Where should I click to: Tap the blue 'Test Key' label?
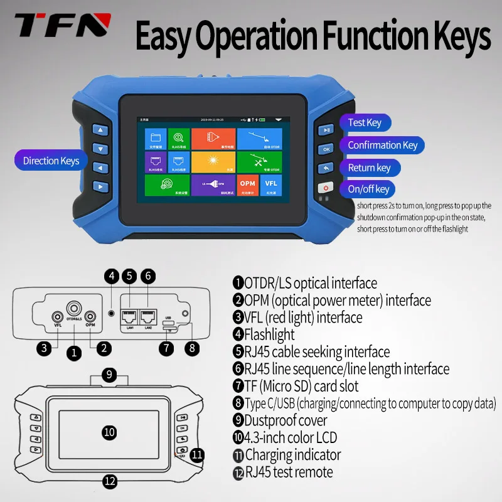(365, 123)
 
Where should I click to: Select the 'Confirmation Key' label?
(382, 146)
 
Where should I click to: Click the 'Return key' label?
(370, 168)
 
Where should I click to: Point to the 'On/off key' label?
(368, 189)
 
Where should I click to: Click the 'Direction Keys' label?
(51, 161)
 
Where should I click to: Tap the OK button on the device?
(326, 149)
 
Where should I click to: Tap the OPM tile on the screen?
(247, 183)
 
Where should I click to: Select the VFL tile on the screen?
(271, 183)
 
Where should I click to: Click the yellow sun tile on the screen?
(213, 161)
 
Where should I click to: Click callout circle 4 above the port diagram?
(111, 275)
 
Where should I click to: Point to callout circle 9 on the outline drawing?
(110, 375)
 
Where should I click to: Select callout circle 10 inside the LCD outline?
(109, 432)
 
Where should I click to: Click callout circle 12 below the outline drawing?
(110, 481)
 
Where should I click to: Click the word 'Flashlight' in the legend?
(269, 334)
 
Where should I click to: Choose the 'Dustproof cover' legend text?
(286, 420)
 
